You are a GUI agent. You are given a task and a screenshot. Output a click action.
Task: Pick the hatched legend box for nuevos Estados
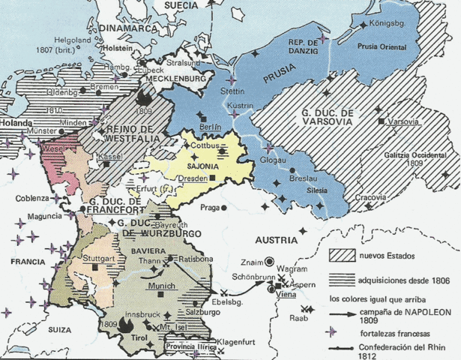345,255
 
